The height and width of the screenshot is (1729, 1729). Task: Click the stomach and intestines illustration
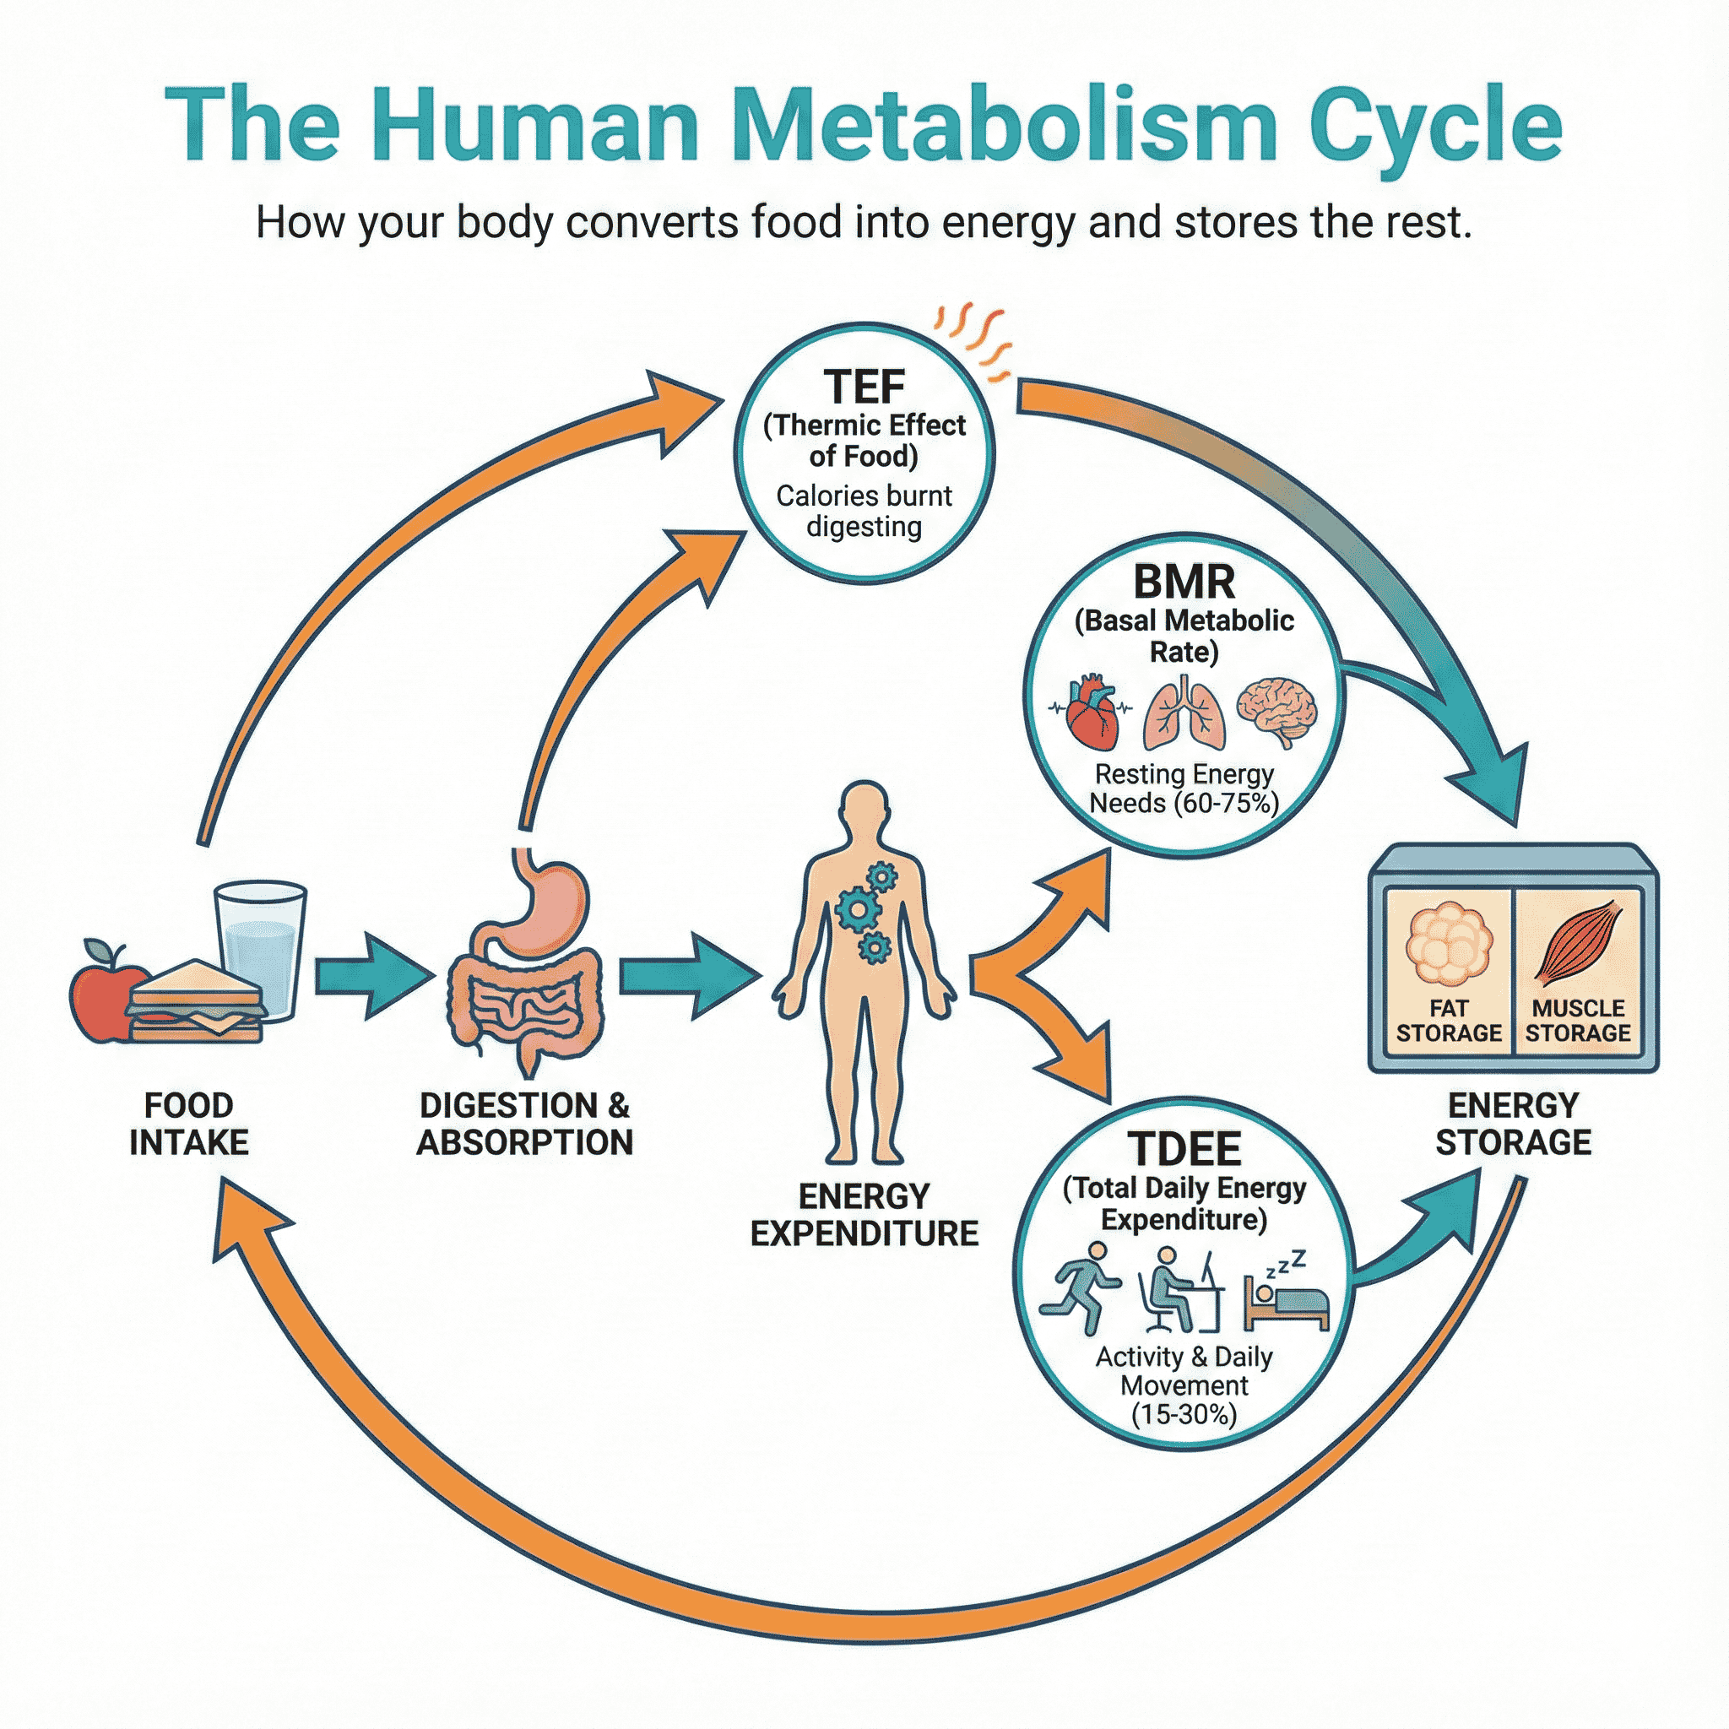(x=526, y=962)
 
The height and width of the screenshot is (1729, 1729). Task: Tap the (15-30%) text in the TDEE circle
(x=1184, y=1415)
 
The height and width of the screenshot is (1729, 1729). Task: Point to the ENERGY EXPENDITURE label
(x=864, y=1216)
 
